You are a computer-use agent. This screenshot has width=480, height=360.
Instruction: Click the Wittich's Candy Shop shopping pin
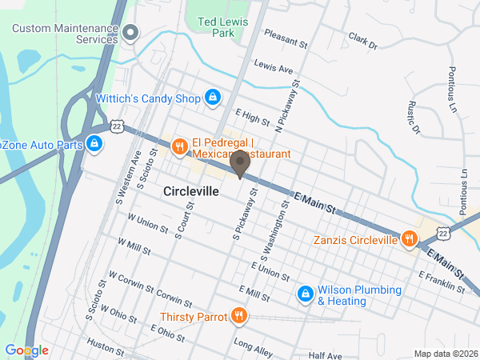point(212,98)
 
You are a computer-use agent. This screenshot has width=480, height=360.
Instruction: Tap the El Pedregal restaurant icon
point(180,147)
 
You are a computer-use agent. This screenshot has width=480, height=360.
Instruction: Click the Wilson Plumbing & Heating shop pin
point(305,295)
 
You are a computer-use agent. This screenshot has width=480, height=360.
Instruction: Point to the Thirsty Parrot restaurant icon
point(238,316)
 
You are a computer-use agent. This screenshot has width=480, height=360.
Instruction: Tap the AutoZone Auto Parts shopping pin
point(94,145)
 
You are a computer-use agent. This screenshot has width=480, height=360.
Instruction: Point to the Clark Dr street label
point(362,40)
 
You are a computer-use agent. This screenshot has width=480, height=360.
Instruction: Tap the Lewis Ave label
point(274,67)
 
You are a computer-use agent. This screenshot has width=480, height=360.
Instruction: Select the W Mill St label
point(134,246)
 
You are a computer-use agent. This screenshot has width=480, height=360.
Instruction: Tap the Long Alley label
point(253,345)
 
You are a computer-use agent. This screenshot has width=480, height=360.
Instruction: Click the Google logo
point(26,350)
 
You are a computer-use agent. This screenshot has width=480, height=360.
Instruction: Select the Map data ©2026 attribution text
point(445,354)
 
